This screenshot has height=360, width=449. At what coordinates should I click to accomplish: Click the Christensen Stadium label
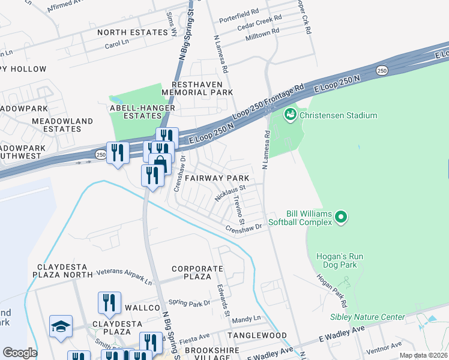coord(339,115)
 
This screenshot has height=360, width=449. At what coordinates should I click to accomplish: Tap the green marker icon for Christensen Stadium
coord(291,113)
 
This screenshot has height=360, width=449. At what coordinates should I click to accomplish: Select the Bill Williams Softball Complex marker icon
coord(341,216)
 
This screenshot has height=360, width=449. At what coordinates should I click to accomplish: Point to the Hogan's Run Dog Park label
coord(337,260)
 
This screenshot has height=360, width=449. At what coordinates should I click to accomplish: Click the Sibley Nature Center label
coord(367,317)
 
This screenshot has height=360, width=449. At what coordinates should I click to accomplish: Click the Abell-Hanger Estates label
coord(142,112)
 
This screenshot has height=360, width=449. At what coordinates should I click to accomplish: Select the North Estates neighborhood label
coord(132,32)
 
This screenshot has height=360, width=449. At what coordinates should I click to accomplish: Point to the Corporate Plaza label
coord(191,272)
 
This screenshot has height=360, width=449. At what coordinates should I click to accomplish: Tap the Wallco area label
coord(141,308)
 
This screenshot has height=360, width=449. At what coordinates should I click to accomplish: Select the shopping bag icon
coord(160,163)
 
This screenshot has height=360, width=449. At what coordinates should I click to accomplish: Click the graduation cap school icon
coord(61,326)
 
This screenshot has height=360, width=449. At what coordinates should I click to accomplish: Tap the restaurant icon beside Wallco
coord(109,302)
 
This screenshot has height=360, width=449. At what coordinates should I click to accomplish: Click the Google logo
coord(20,353)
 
